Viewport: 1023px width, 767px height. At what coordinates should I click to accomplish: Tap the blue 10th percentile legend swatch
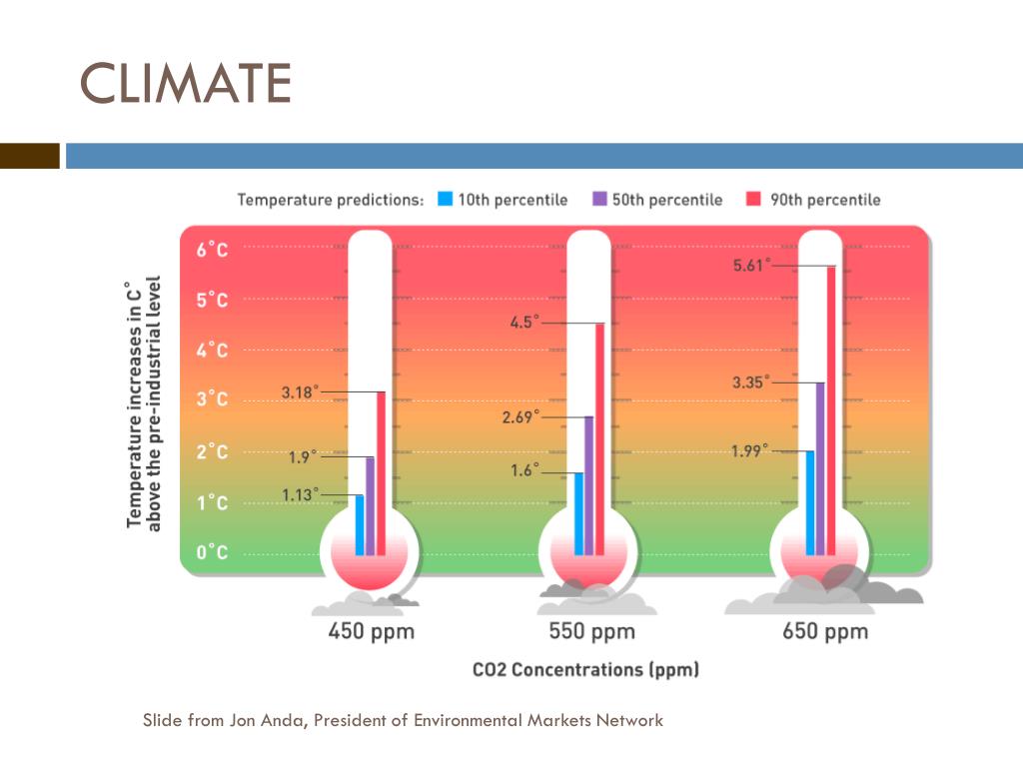tap(446, 199)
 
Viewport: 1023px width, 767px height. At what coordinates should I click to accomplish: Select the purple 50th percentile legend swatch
tap(599, 199)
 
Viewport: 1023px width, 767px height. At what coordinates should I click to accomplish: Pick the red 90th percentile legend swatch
tap(754, 199)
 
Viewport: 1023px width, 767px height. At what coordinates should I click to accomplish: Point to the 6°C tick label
tap(212, 250)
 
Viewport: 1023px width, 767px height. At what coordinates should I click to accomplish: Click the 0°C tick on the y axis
tap(212, 552)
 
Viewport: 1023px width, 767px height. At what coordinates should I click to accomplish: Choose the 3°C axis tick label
tap(212, 399)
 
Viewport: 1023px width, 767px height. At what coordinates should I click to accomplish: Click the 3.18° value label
tap(300, 391)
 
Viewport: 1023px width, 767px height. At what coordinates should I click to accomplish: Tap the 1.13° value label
tap(300, 494)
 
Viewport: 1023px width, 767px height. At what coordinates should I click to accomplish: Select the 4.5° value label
tap(523, 322)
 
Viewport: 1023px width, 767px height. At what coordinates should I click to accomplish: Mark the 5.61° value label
tap(751, 265)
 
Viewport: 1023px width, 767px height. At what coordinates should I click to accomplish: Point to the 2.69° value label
tap(520, 415)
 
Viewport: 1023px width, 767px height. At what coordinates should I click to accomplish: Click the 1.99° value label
tap(750, 450)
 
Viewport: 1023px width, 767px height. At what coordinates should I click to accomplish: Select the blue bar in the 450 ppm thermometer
tap(360, 524)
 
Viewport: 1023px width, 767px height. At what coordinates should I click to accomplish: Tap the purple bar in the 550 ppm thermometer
tap(588, 484)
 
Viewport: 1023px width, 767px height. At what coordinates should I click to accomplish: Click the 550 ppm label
tap(591, 631)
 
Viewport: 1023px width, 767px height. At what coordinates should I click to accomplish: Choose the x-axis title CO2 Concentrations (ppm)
tap(585, 669)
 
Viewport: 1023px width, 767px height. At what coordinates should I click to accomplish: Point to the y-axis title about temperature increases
tap(142, 404)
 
